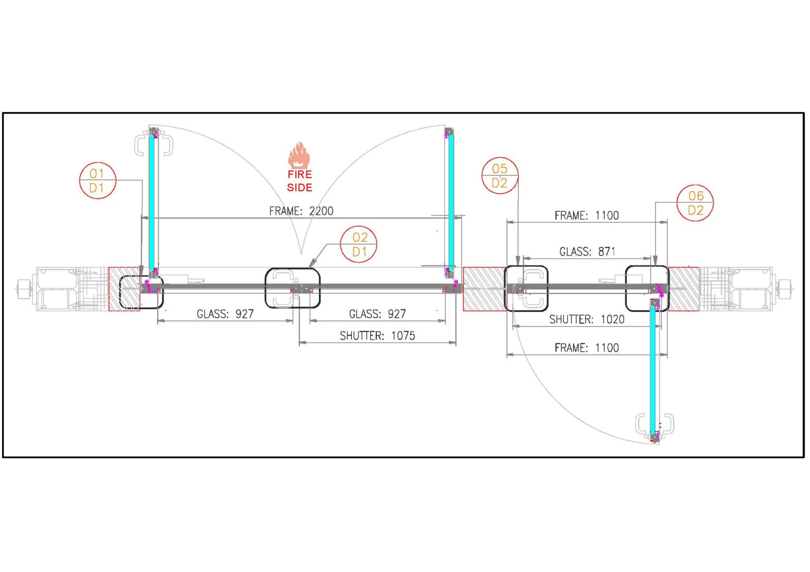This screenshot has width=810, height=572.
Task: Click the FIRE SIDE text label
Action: (300, 181)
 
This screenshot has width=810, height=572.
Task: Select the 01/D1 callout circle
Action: (98, 181)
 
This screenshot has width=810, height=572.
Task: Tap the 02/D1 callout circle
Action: (359, 244)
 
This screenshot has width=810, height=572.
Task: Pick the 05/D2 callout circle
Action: (500, 175)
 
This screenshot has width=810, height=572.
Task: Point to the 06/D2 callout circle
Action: (695, 203)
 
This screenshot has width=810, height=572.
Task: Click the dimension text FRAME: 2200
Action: (301, 211)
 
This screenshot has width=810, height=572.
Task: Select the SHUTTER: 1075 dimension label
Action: (377, 336)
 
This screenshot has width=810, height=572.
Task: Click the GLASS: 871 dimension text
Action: (587, 252)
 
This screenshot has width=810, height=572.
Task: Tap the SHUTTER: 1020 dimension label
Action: (586, 319)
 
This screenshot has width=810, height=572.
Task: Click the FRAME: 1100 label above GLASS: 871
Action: (586, 215)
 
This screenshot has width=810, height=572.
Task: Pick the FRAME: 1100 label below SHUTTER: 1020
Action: (586, 348)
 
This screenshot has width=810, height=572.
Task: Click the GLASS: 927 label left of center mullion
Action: (225, 314)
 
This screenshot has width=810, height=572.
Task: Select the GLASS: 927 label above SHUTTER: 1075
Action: (378, 314)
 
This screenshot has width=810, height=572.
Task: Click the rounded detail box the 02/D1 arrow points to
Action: (292, 288)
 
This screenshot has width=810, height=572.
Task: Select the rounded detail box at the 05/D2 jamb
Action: (526, 288)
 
